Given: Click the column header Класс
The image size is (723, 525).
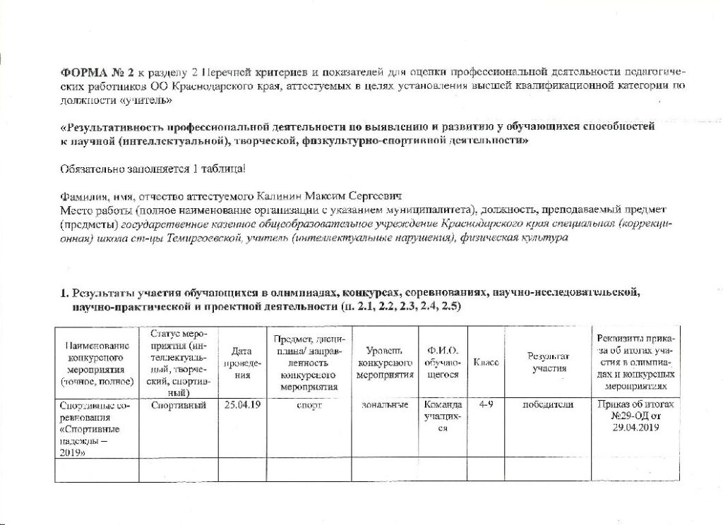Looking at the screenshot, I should pyautogui.click(x=486, y=362).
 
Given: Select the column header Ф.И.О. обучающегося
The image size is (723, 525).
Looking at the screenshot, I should pyautogui.click(x=443, y=363).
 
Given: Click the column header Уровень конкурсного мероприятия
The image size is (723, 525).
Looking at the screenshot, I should pyautogui.click(x=385, y=363).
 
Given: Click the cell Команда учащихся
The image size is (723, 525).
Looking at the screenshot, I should pyautogui.click(x=443, y=417).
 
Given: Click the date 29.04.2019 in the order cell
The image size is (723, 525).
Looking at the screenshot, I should pyautogui.click(x=635, y=428).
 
